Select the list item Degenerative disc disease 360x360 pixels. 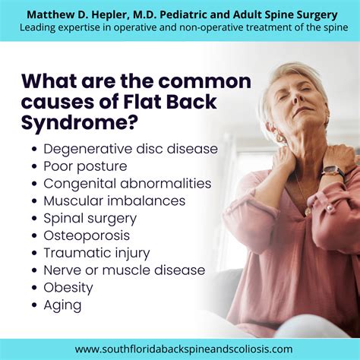[131, 149]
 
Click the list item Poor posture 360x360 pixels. [85, 166]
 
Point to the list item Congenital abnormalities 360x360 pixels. [128, 183]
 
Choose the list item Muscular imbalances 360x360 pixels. [115, 201]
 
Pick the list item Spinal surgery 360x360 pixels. [90, 218]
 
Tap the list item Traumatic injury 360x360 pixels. [96, 253]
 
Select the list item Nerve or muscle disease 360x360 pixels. [125, 270]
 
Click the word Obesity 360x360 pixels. [68, 288]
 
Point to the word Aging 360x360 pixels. [62, 305]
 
